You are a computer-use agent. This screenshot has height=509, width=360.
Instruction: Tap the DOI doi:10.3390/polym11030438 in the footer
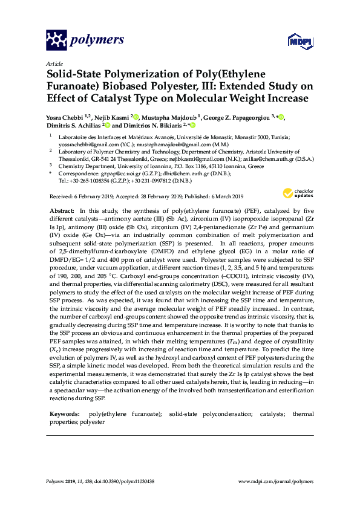point(124,481)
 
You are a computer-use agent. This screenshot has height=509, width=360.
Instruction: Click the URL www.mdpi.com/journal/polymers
point(277,481)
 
